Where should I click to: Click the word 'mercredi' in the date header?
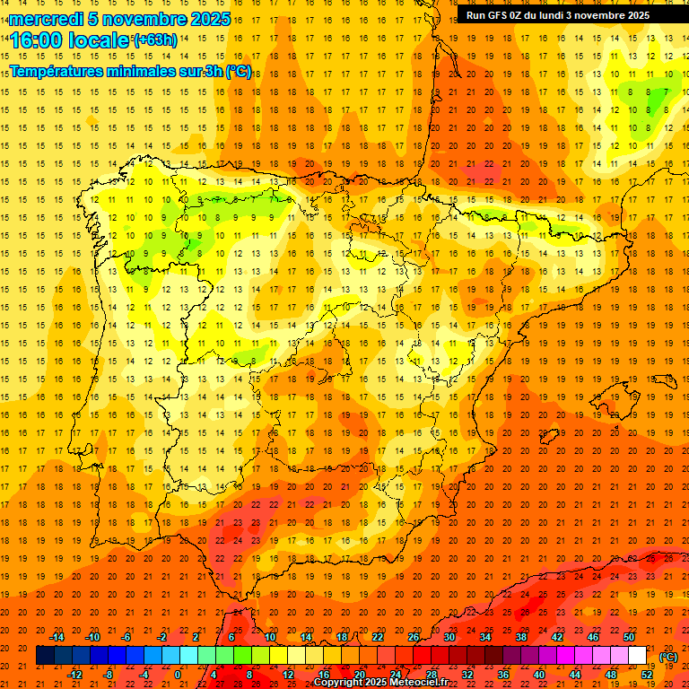(47, 19)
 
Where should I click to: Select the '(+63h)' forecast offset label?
(155, 39)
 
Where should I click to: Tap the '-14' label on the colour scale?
(57, 637)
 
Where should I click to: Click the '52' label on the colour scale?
(647, 675)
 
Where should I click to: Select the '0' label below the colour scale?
(178, 675)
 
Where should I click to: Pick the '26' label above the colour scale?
(413, 637)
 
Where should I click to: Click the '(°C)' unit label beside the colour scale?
(668, 656)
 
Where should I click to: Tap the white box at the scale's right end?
(638, 656)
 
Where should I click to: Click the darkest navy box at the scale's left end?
(46, 656)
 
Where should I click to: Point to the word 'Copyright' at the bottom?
(341, 683)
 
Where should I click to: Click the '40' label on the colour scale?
(539, 675)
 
